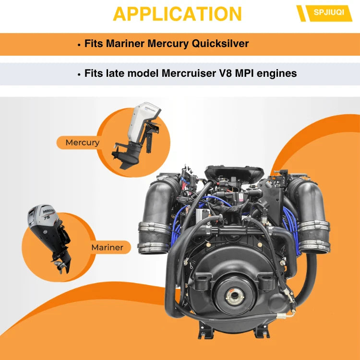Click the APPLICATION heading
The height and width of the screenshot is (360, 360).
click(x=177, y=14)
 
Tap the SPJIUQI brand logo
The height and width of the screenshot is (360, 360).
click(x=324, y=13)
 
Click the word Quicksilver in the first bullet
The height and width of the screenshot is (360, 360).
click(x=220, y=44)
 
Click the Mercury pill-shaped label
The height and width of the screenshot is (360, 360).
click(x=79, y=143)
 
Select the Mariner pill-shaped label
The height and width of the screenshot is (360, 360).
click(x=109, y=247)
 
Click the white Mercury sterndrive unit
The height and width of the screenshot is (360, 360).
click(x=137, y=135)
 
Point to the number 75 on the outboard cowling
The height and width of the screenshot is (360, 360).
click(x=47, y=217)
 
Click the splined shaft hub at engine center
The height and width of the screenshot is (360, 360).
click(x=235, y=297)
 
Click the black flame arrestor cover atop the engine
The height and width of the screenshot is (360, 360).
click(x=234, y=173)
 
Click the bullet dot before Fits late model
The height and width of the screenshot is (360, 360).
click(x=79, y=74)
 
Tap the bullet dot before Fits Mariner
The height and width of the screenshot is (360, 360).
click(x=79, y=45)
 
